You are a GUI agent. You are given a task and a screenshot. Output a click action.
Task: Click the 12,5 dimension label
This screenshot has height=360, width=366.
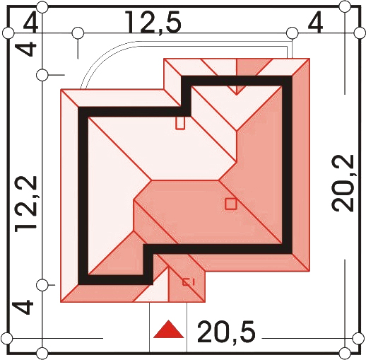coord(153,23)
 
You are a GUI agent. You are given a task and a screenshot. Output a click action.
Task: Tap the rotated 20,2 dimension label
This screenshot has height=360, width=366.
coord(343,183)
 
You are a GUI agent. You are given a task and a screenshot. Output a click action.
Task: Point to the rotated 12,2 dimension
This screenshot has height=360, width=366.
coord(26,204)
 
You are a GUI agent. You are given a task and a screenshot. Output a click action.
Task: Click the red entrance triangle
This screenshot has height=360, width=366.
coord(168,330)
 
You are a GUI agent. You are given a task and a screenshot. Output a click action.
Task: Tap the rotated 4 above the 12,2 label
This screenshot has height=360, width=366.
coord(26,49)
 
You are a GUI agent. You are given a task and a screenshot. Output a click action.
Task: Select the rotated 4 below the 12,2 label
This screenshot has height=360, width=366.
coord(23,307)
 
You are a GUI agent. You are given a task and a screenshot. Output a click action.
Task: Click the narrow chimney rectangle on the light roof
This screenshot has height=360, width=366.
coord(180,123)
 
